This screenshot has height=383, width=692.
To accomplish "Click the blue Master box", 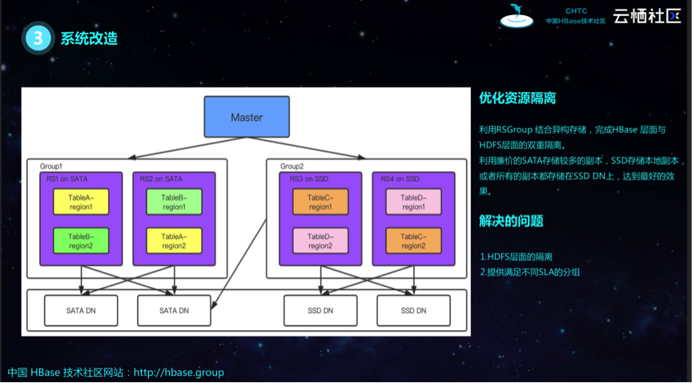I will [247, 117].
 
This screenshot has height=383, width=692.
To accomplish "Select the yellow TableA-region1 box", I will [81, 202].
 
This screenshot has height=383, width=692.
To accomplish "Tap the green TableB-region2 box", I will [81, 240].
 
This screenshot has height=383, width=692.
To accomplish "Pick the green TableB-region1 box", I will [174, 202].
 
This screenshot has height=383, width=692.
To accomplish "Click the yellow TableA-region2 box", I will [174, 240].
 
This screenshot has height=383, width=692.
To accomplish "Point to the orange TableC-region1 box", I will [320, 202].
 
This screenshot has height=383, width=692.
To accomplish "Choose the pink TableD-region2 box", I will [320, 240].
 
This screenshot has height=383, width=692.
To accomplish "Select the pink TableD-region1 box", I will [413, 202].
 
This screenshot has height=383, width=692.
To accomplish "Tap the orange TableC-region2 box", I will [413, 240].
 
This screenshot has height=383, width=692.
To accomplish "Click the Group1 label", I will [51, 166].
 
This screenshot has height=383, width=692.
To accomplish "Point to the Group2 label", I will [292, 166].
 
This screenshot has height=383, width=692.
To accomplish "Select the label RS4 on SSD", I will [400, 179].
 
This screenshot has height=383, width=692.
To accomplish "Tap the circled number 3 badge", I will [38, 38].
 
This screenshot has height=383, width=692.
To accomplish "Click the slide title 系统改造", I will [89, 38].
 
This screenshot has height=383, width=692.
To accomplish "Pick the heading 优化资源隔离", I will [517, 99].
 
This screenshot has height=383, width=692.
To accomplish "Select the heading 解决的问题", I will [511, 221].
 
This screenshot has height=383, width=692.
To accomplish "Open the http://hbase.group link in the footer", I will [179, 373].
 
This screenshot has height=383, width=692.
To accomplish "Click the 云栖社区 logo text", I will [646, 16].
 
